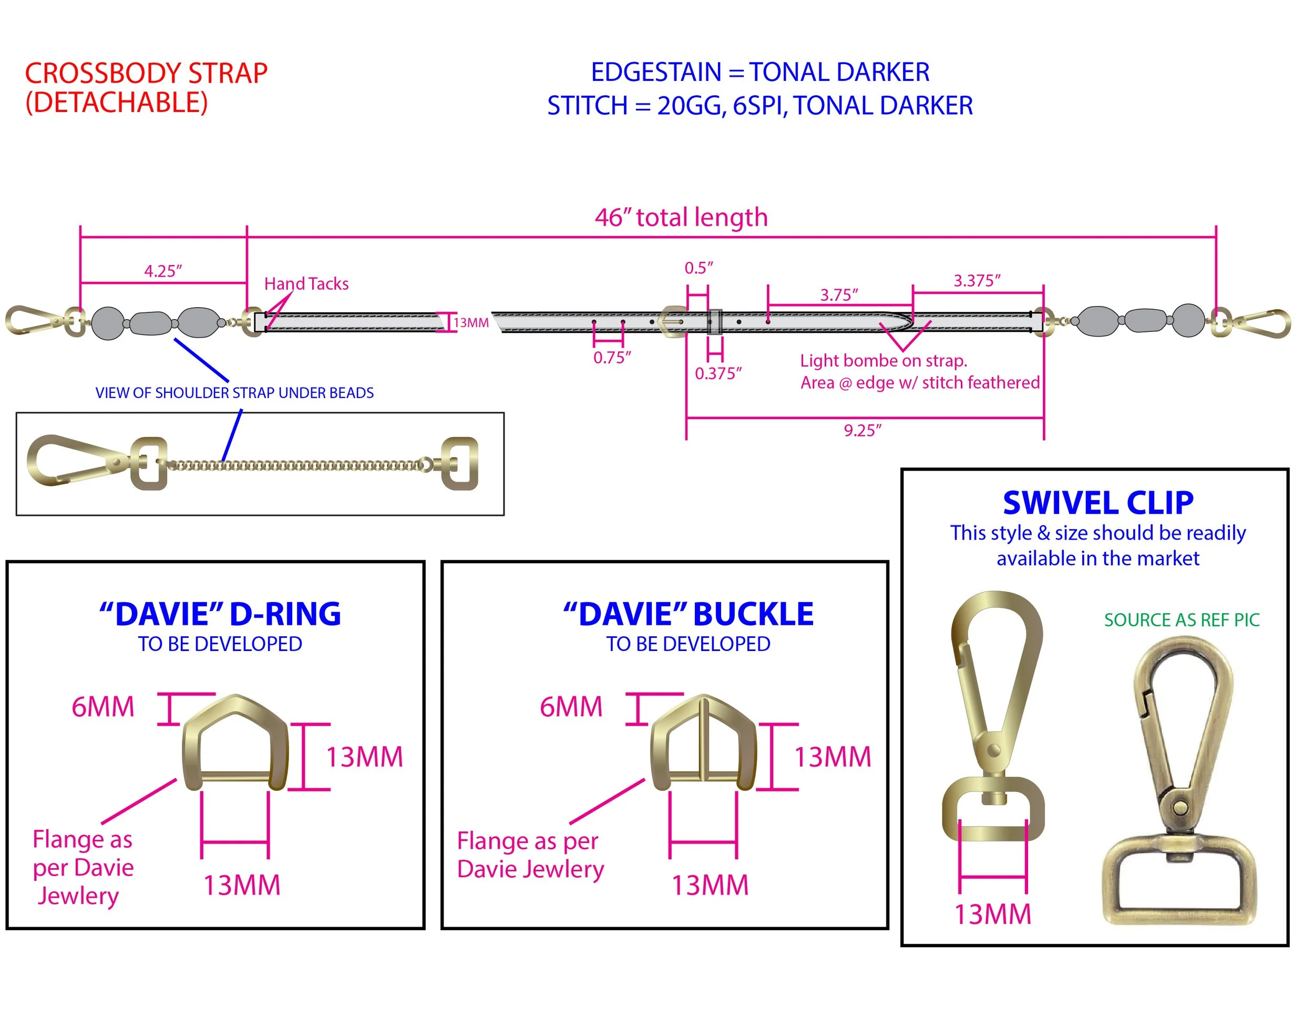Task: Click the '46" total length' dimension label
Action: [x=681, y=217]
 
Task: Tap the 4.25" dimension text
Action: [x=162, y=271]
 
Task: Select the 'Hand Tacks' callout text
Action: [x=306, y=283]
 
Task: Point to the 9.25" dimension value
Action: [x=862, y=430]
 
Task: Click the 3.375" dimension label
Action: [x=977, y=280]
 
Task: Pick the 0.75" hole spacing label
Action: [x=612, y=358]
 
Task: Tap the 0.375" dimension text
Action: [x=718, y=374]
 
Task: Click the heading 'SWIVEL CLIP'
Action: [x=1097, y=503]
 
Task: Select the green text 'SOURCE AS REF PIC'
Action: [x=1181, y=620]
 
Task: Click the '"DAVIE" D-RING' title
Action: [x=220, y=614]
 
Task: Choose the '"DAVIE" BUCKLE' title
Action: [x=689, y=614]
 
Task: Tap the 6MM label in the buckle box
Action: [x=570, y=707]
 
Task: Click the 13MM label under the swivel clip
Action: [x=993, y=915]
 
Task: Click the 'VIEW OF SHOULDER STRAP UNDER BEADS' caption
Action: [x=234, y=393]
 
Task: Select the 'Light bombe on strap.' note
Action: [x=883, y=361]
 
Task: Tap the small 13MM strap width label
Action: [x=471, y=322]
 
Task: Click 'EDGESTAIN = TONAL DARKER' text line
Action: [x=759, y=72]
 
